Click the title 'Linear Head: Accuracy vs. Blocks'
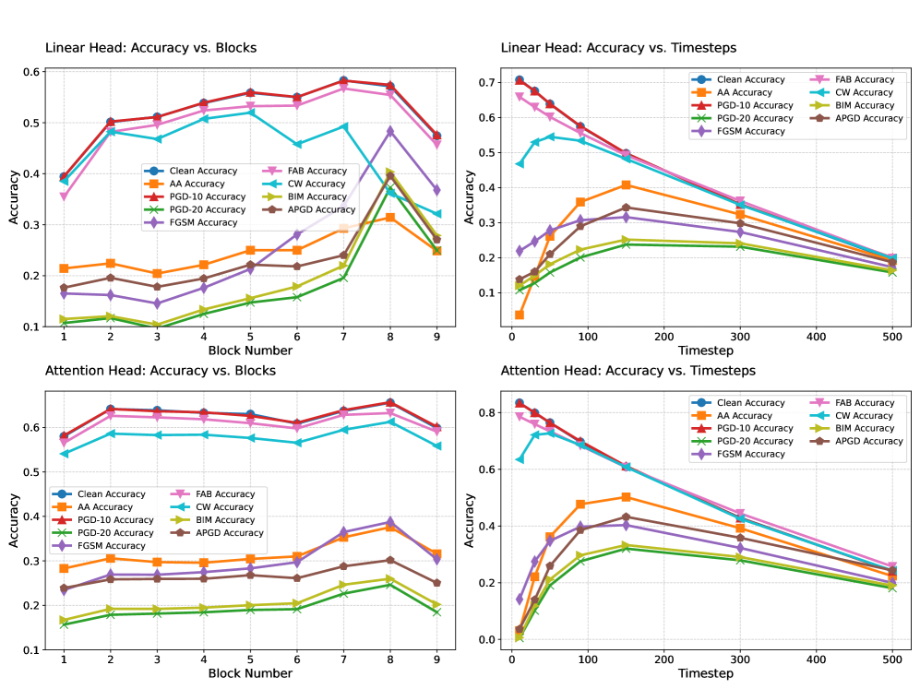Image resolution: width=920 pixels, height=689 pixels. click(151, 47)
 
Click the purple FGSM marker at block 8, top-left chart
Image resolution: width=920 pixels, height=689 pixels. click(390, 132)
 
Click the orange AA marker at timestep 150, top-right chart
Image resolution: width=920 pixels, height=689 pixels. click(626, 185)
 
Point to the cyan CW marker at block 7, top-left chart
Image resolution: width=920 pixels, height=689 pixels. click(343, 126)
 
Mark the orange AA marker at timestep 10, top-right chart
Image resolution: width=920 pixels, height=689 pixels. click(520, 315)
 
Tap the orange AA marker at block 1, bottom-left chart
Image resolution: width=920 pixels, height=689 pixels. click(64, 568)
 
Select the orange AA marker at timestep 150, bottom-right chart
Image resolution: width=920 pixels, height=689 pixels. click(626, 497)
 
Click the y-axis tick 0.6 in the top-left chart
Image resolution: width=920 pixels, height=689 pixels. click(31, 72)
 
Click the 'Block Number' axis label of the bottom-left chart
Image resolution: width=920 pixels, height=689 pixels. click(250, 674)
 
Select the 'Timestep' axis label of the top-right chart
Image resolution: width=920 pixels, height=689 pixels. click(706, 352)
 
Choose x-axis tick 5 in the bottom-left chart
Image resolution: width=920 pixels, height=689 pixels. click(250, 660)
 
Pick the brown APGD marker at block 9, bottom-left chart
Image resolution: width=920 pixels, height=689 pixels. click(437, 583)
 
